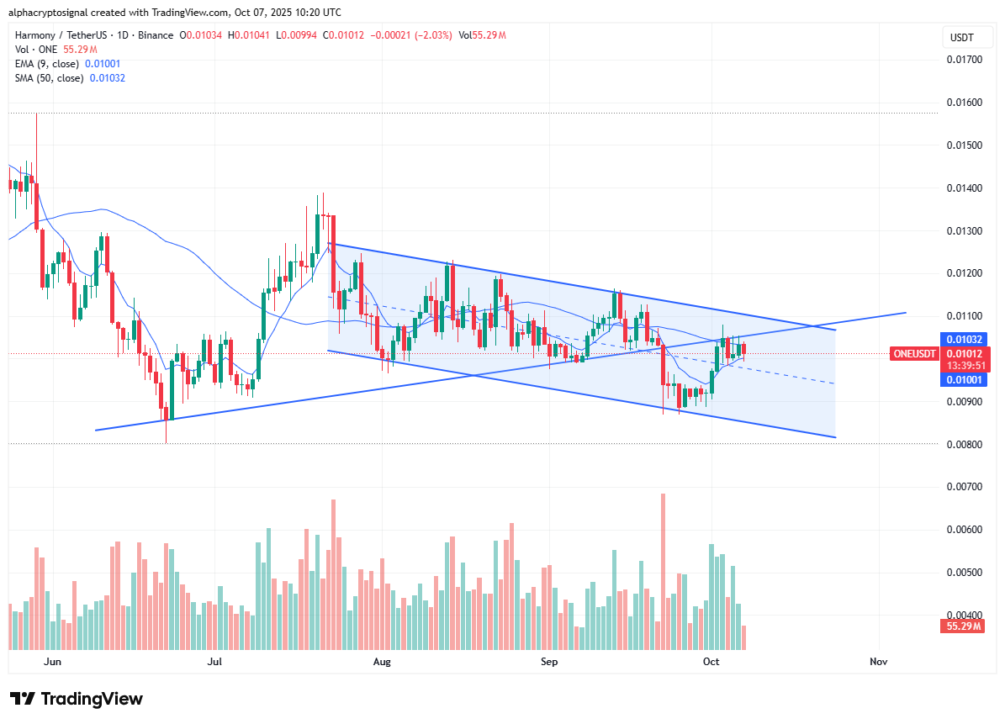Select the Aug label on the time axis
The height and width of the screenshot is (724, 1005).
382,662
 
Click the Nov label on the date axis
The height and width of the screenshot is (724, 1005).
879,662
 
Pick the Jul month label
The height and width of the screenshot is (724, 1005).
216,662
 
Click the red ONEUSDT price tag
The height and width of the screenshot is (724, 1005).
913,354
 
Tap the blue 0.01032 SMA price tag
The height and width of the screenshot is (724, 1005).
961,339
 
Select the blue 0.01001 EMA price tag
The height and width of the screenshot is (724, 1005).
961,380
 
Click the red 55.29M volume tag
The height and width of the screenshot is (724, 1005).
961,627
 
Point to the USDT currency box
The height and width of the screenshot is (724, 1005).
961,38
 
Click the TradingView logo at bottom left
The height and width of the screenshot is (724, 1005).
77,699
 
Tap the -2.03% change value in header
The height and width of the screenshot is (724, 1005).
435,35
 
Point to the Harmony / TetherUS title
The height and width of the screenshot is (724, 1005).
63,35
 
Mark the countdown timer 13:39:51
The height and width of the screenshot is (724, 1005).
961,367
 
